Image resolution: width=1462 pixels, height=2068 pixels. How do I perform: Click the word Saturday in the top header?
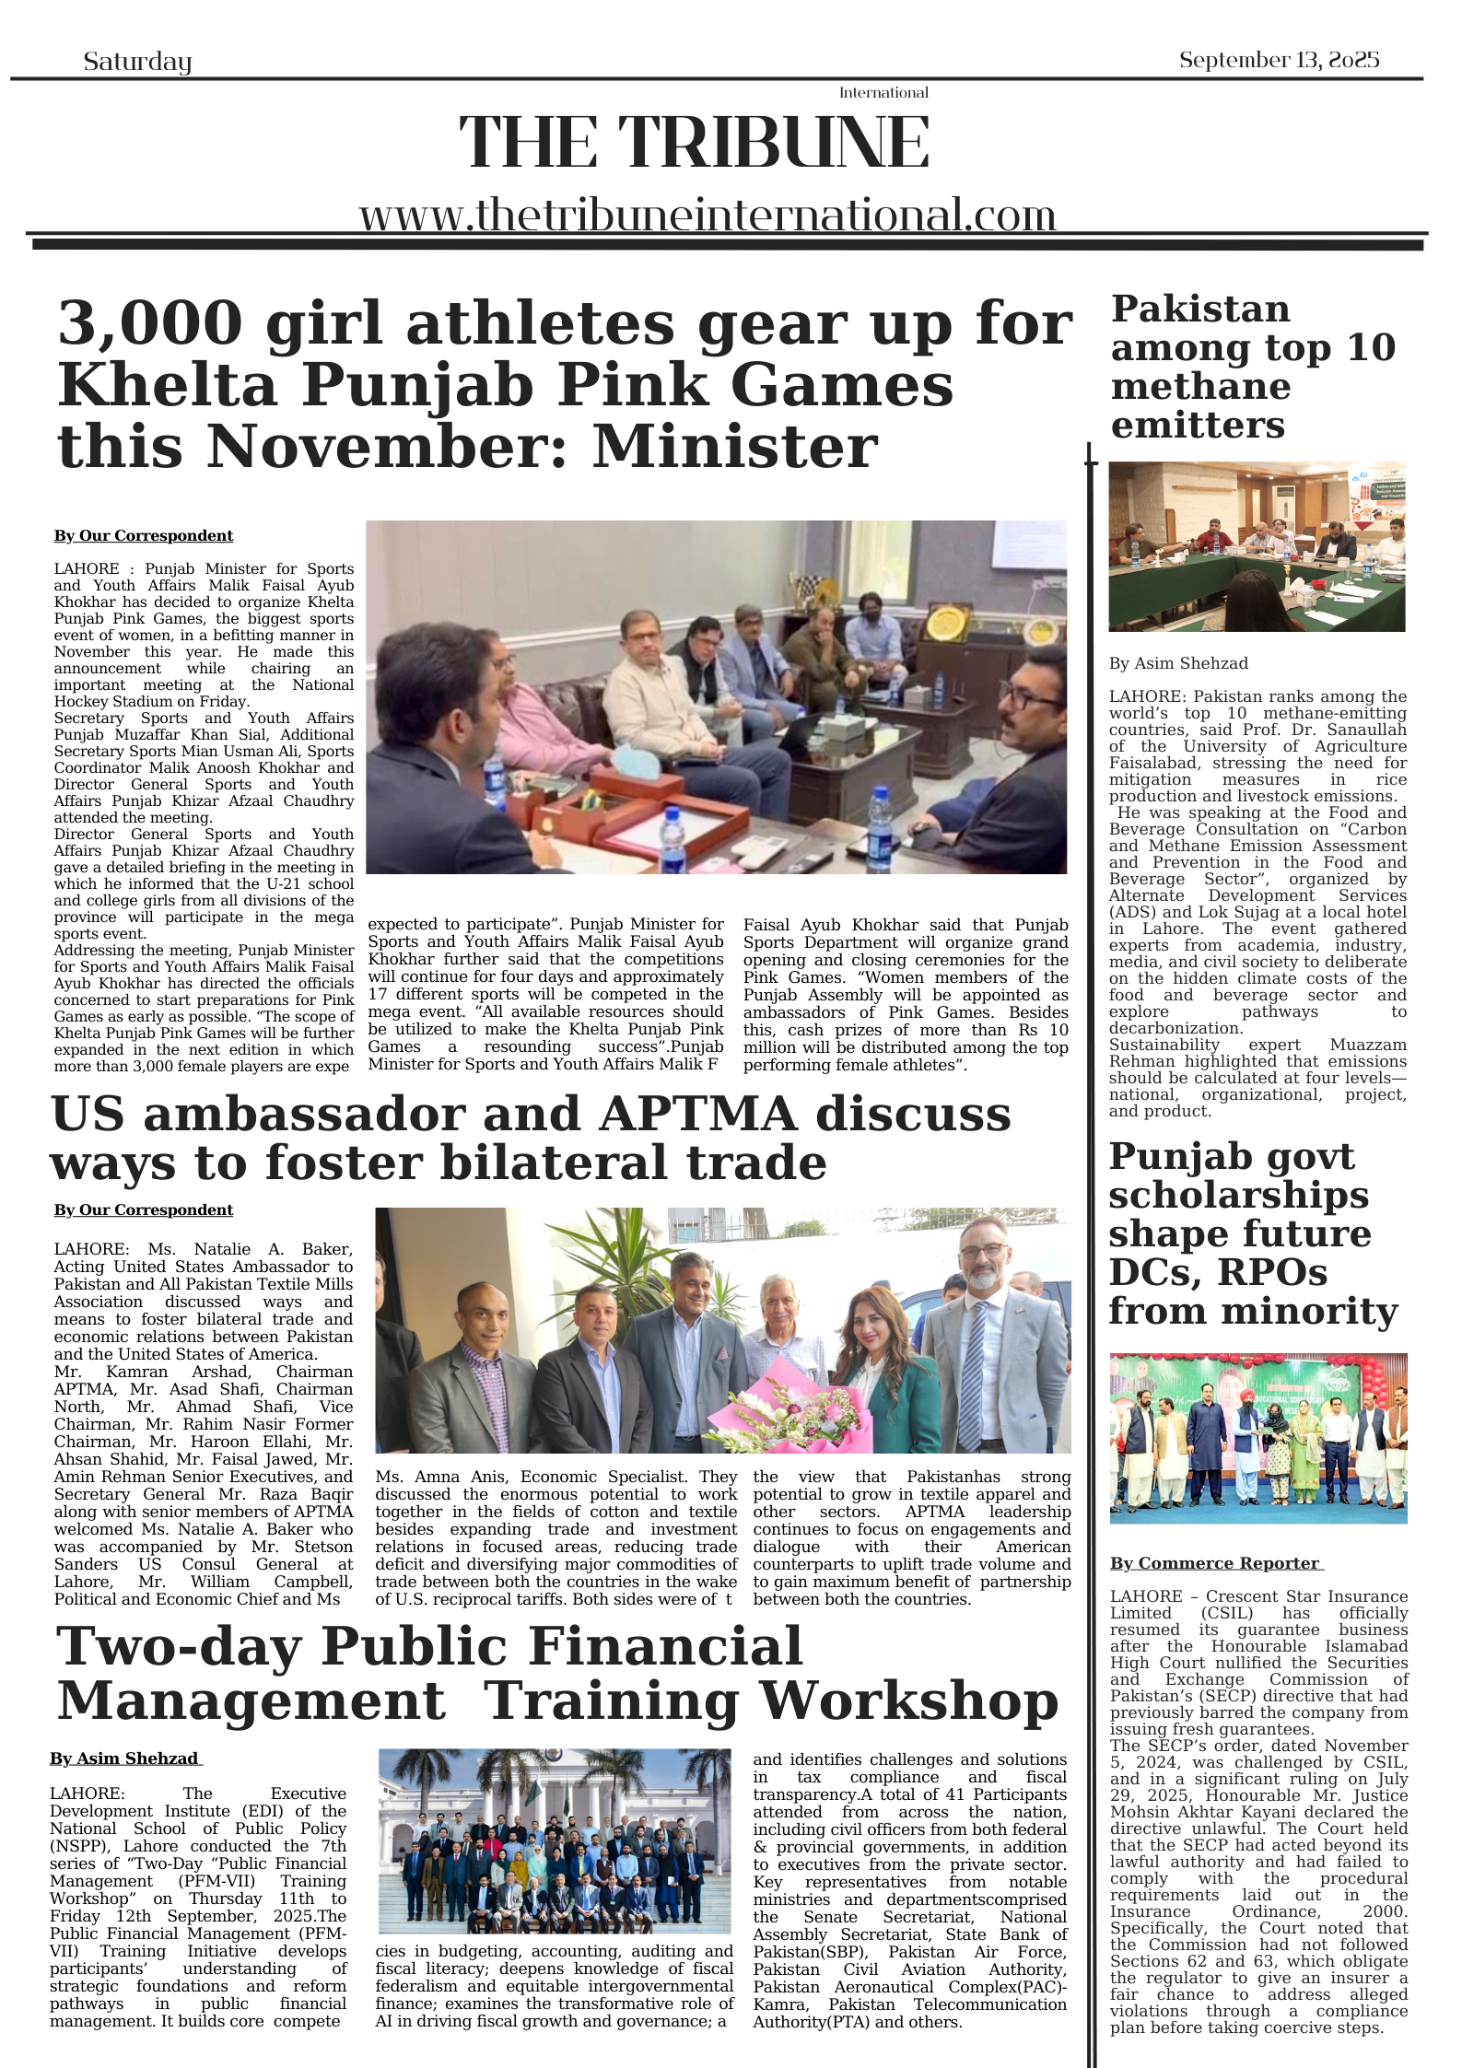pos(137,62)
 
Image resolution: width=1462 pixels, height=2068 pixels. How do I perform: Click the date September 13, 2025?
pos(1279,60)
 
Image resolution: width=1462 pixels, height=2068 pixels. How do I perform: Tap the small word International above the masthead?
pos(883,92)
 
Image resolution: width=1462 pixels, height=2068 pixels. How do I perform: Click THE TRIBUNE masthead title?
pos(694,143)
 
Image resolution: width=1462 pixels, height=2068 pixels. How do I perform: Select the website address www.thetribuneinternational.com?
pos(707,216)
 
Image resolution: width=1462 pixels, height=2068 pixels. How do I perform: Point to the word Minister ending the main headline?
pos(734,448)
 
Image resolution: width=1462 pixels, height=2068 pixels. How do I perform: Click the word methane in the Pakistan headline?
pos(1199,387)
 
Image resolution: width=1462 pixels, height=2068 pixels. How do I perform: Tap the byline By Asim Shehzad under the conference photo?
pos(1178,663)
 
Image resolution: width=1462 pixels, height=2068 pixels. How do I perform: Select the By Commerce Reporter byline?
pos(1215,1563)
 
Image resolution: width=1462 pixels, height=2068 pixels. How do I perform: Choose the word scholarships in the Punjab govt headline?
pos(1238,1196)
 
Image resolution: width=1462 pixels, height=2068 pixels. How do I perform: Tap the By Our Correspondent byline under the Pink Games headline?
pos(143,536)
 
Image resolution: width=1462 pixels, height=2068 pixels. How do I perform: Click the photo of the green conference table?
pos(1256,547)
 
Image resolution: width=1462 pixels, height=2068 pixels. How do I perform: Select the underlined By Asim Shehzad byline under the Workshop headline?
pos(124,1759)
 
